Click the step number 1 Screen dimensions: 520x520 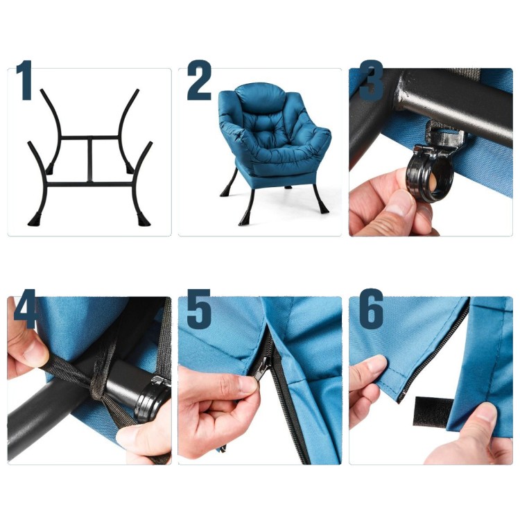point(24,80)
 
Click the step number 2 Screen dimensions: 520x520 point(199,80)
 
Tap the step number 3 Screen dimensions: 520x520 point(371,80)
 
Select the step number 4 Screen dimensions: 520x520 point(24,309)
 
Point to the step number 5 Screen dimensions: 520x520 point(199,309)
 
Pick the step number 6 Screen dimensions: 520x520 point(372,309)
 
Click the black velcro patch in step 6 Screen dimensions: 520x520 point(433,411)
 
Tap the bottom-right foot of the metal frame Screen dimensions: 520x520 point(144,220)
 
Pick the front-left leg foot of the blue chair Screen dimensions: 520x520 point(245,218)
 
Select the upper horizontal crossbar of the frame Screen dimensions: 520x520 point(90,137)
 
